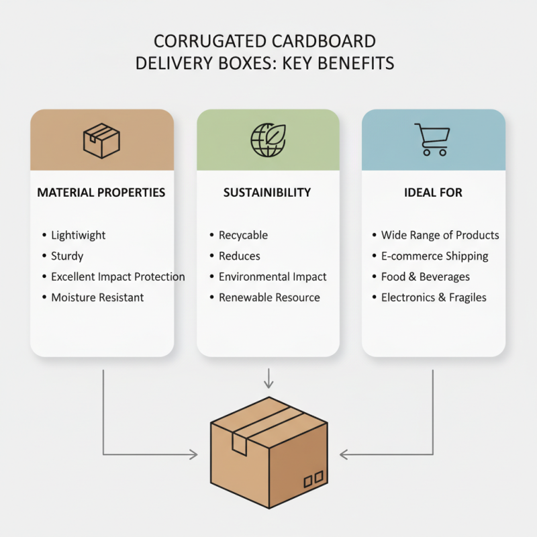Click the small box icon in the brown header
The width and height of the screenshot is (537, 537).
[x=101, y=140]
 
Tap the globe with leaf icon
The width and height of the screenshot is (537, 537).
[x=268, y=140]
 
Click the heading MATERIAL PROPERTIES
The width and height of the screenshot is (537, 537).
[x=101, y=193]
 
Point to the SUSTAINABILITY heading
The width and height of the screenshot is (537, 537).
[x=267, y=193]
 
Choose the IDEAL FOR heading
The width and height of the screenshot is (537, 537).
[x=433, y=193]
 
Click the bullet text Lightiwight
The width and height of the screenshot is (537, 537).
[x=79, y=235]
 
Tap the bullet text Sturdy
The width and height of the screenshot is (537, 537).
[x=67, y=256]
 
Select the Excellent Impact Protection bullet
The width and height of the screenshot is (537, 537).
[x=118, y=277]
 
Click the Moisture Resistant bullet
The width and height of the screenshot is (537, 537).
[x=97, y=297]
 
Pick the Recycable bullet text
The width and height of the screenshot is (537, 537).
[x=243, y=235]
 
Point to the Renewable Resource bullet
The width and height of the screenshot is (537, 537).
[x=269, y=297]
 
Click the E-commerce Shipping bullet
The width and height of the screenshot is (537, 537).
[x=435, y=256]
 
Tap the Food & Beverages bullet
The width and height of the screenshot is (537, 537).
[x=426, y=277]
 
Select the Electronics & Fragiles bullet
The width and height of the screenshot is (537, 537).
[x=434, y=297]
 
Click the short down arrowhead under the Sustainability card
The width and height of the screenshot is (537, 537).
[x=268, y=384]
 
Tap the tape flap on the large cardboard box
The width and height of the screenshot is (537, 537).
[x=239, y=443]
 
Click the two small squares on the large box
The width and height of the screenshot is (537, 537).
[x=313, y=479]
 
